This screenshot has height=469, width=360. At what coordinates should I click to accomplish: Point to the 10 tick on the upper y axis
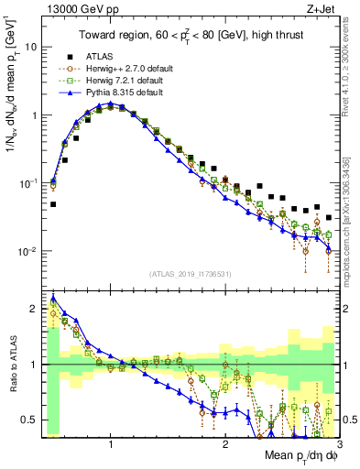pyautogui.click(x=30, y=47)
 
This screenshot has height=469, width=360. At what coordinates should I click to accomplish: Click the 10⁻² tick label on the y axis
pyautogui.click(x=27, y=251)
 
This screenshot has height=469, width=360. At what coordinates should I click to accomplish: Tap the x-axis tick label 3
pyautogui.click(x=339, y=443)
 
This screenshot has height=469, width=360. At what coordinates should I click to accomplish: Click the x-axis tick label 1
pyautogui.click(x=111, y=443)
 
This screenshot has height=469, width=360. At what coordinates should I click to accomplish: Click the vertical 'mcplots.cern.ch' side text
pyautogui.click(x=352, y=211)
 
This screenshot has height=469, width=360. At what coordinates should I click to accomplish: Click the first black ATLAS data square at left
pyautogui.click(x=53, y=204)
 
